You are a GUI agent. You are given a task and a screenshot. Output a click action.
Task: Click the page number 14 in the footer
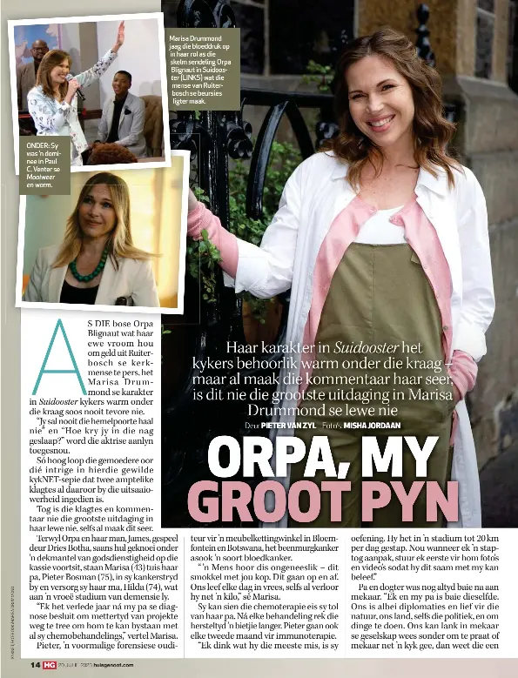click(x=36, y=663)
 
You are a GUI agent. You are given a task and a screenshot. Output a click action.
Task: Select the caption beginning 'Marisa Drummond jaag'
click(x=205, y=70)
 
